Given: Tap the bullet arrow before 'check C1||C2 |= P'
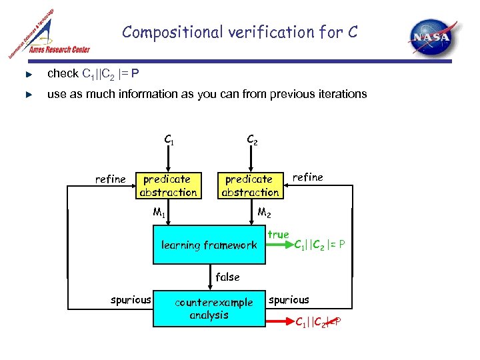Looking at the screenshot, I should coord(27,73).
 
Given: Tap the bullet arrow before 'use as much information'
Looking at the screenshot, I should coord(27,95).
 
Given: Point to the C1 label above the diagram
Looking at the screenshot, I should coord(169,140).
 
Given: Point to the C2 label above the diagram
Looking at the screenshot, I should coord(252,140).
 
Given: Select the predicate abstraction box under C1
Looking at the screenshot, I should coord(168,185).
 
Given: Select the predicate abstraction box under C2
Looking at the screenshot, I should coord(251,185).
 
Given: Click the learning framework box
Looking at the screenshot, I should coord(209,245).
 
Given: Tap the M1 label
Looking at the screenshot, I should coord(159,213).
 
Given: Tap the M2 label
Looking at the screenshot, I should coord(264,213).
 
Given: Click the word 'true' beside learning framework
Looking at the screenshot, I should coord(278,235).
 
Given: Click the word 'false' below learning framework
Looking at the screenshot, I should coord(227,277).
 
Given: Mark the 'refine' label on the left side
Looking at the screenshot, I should coord(110,179).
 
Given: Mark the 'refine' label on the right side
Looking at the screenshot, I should coord(307,177).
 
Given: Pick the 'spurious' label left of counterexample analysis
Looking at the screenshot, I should coord(131,300).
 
